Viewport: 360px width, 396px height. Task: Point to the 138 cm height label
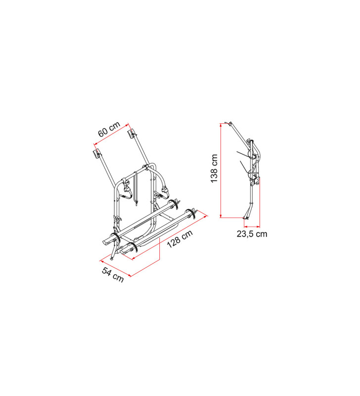tap(214, 168)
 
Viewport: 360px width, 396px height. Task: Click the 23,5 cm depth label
tap(252, 234)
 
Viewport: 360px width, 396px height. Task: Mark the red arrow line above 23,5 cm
tap(252, 225)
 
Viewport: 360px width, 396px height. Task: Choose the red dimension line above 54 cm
tap(115, 267)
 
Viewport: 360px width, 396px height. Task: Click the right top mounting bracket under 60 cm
tap(133, 133)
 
